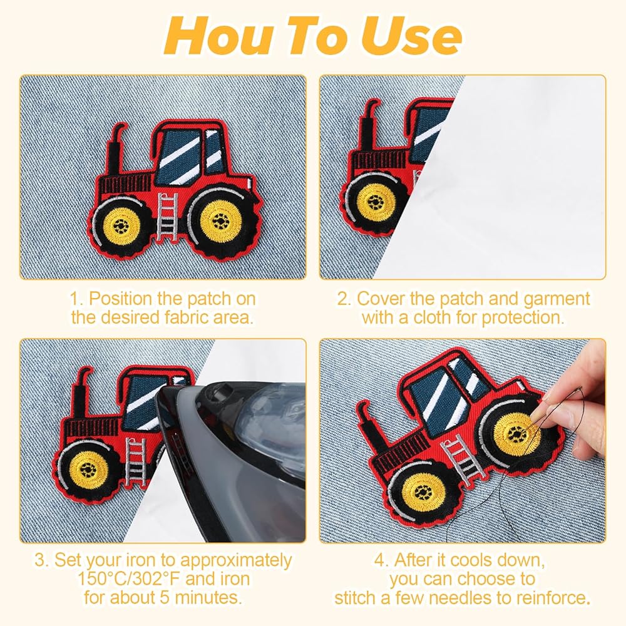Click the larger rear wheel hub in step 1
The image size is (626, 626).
click(x=220, y=220)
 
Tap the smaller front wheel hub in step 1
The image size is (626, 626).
click(x=121, y=227)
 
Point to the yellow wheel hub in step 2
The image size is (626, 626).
click(x=375, y=202)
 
